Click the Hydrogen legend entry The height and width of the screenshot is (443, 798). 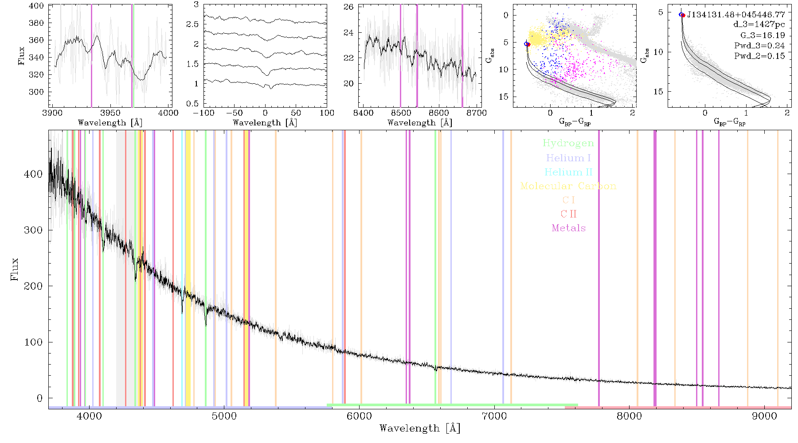(x=568, y=143)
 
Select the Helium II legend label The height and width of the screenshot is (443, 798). (x=568, y=172)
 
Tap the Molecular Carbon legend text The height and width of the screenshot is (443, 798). (x=568, y=186)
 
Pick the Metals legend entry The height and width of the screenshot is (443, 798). (x=569, y=228)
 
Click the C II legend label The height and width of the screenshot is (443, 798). (x=569, y=214)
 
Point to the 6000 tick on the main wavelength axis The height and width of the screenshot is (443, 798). (x=359, y=416)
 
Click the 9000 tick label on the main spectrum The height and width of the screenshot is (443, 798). (x=764, y=416)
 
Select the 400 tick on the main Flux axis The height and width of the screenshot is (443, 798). (x=33, y=174)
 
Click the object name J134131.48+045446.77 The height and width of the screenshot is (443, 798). (x=736, y=15)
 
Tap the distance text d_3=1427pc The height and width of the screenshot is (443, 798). (x=759, y=25)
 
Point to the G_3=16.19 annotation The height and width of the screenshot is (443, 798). (x=763, y=35)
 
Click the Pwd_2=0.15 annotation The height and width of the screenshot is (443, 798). (x=759, y=56)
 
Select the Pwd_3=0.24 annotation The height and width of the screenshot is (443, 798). (x=759, y=46)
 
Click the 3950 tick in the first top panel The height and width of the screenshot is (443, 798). (x=110, y=113)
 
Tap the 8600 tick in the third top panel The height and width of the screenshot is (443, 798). (x=439, y=113)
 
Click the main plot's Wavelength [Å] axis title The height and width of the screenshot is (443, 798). (x=420, y=428)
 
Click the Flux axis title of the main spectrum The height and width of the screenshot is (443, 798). (x=15, y=268)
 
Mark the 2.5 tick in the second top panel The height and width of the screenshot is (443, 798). (x=192, y=24)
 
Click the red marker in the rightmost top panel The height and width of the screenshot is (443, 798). (x=683, y=15)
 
